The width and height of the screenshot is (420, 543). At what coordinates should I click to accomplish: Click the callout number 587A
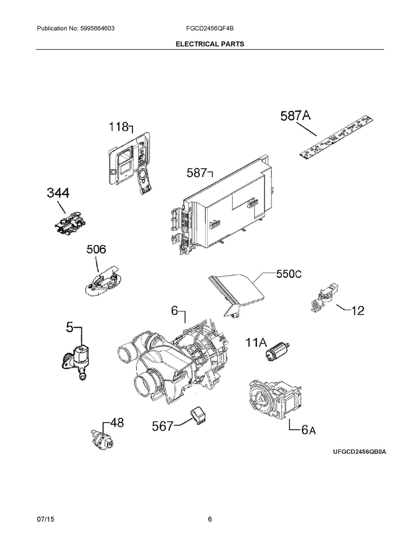click(x=296, y=116)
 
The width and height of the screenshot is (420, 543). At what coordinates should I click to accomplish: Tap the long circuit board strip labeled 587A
click(x=336, y=138)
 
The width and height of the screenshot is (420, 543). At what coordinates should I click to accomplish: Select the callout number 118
click(x=118, y=126)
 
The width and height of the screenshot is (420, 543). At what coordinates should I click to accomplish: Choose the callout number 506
click(x=96, y=250)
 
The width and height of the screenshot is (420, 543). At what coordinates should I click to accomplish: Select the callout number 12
click(x=357, y=311)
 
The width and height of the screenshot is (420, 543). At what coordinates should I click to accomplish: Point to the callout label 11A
click(x=256, y=344)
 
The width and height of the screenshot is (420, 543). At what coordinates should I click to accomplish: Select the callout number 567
click(x=162, y=426)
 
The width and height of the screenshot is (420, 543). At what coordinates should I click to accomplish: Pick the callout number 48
click(x=117, y=423)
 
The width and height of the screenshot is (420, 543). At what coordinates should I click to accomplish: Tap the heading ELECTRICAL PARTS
click(x=210, y=44)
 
